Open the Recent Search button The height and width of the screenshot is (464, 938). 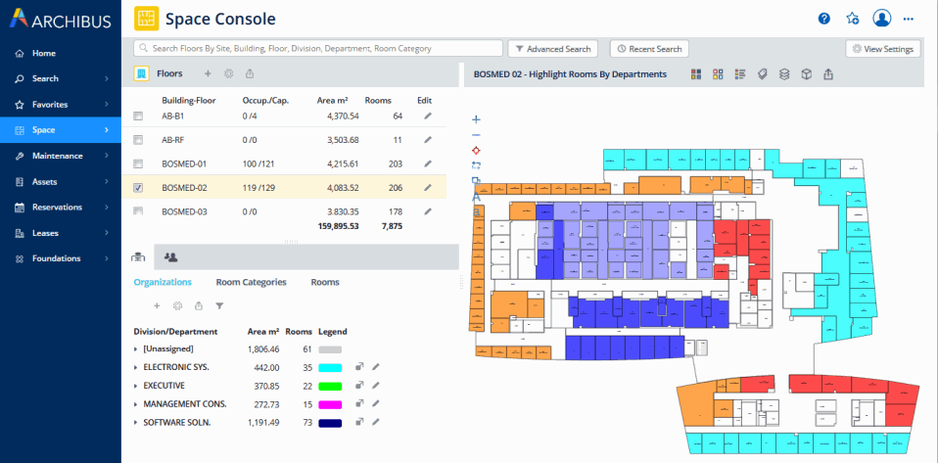tap(649, 48)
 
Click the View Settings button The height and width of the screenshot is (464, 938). tap(883, 48)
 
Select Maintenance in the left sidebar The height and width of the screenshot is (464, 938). tap(58, 156)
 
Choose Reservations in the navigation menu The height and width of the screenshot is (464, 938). tap(58, 207)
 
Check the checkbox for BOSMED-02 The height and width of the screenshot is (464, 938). tap(138, 188)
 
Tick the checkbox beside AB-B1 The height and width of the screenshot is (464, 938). tap(138, 116)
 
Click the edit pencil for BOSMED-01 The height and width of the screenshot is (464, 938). tap(427, 163)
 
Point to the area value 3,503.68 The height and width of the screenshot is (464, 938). tap(338, 140)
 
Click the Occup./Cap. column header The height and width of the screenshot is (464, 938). tap(265, 100)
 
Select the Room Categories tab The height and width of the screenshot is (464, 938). tap(251, 282)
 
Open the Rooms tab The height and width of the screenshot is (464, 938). tap(325, 282)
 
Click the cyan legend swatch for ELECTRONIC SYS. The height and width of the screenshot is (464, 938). tap(329, 367)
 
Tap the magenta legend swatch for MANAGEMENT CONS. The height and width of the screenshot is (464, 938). tap(329, 403)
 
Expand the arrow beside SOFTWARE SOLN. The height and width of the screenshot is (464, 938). tap(136, 422)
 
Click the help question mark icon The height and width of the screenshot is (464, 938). tap(824, 19)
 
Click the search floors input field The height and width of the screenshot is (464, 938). tap(318, 48)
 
